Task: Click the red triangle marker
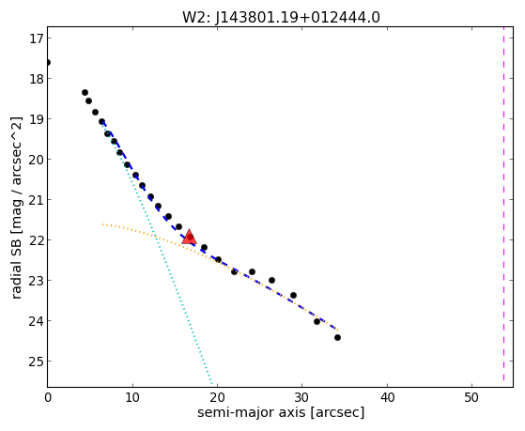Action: (x=189, y=237)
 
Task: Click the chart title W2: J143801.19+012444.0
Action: (x=281, y=18)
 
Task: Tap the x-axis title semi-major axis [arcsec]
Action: (x=281, y=412)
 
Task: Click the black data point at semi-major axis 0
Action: (x=48, y=63)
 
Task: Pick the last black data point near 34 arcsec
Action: (x=337, y=337)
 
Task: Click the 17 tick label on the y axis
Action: (x=35, y=38)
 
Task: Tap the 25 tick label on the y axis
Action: (x=35, y=362)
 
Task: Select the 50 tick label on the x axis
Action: (x=471, y=397)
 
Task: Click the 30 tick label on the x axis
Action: (x=302, y=397)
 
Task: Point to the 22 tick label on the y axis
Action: (x=35, y=240)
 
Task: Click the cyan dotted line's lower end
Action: (x=212, y=384)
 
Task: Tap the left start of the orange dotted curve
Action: (x=103, y=224)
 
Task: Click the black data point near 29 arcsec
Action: (x=293, y=296)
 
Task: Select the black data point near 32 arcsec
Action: (x=317, y=321)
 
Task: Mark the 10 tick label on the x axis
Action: (x=132, y=397)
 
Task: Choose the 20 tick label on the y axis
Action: (x=35, y=160)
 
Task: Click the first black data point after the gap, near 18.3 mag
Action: (x=85, y=92)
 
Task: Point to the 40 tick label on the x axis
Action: (x=387, y=397)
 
